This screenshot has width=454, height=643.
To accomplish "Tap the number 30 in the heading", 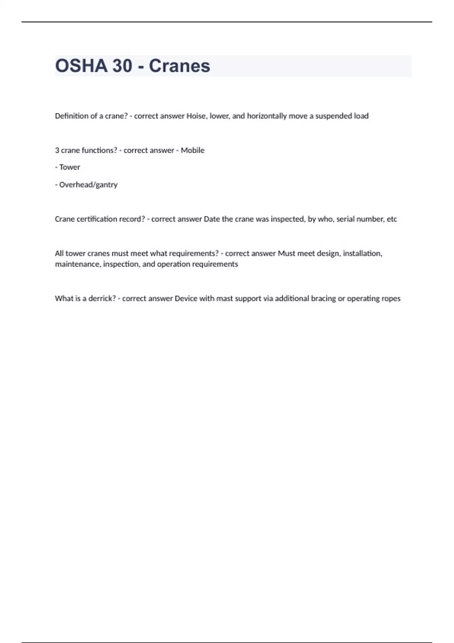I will [x=122, y=66].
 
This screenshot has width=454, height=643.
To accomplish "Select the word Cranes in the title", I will [x=179, y=66].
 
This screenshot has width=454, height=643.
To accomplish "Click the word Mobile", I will [x=193, y=150].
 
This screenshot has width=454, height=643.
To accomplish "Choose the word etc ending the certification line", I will [x=392, y=219].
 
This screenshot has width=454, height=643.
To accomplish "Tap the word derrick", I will [x=102, y=298].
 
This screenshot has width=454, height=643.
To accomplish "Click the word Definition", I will [x=72, y=116].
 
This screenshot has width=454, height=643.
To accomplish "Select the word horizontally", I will [x=267, y=116].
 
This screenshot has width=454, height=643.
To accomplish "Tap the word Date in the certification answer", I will [x=212, y=219].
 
